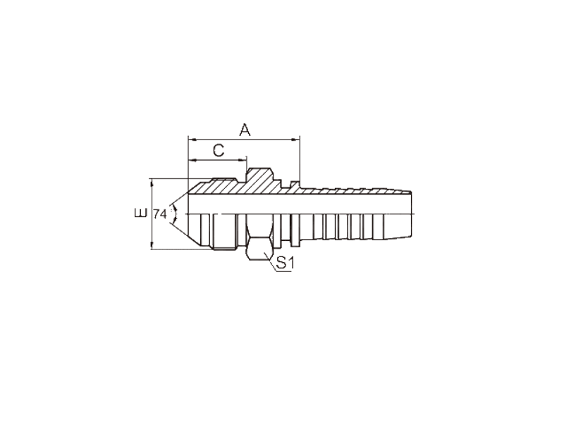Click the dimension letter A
pos(245,130)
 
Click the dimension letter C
pos(219,151)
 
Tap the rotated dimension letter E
pos(140,213)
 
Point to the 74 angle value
pos(160,214)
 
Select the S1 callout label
pos(285,263)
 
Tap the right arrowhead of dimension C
pos(243,160)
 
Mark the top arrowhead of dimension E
pos(152,182)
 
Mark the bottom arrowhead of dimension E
pos(152,245)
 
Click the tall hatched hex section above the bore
pos(259,179)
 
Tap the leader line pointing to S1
pos(270,261)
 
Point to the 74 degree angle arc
pos(175,214)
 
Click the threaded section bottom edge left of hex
pos(223,248)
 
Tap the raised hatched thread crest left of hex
pos(223,180)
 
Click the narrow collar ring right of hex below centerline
pos(295,230)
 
